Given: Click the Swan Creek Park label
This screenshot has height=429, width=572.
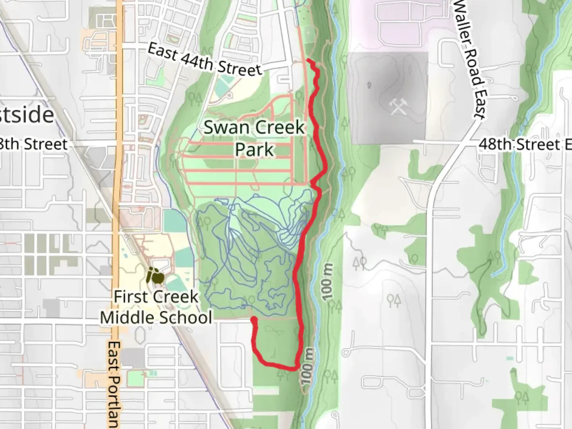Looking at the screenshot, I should (254, 138).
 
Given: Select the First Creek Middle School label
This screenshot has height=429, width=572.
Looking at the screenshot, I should (156, 307).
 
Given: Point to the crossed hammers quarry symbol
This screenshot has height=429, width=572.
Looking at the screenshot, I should (398, 106).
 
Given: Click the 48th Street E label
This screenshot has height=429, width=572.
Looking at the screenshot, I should (524, 144).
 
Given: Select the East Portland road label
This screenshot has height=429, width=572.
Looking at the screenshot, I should (114, 383).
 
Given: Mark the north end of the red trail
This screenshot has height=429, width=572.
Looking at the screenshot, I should (309, 60).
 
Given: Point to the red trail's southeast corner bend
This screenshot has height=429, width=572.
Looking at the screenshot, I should (296, 368).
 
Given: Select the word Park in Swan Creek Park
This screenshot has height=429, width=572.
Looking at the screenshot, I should (254, 150).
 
